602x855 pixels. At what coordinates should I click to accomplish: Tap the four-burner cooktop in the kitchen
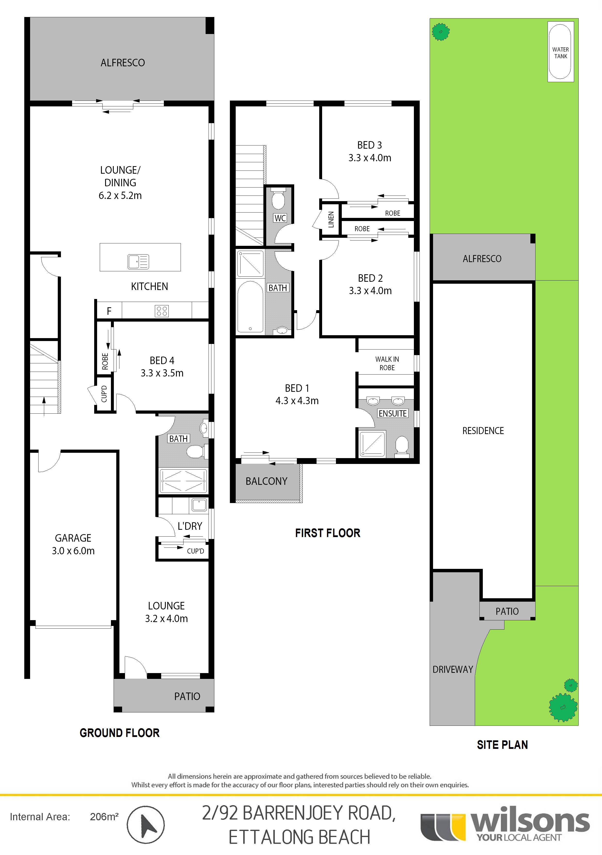[x=162, y=311]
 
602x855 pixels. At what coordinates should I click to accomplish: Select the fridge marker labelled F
[x=109, y=311]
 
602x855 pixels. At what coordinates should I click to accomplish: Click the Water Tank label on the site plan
[x=560, y=53]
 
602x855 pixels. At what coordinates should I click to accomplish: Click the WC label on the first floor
[x=280, y=218]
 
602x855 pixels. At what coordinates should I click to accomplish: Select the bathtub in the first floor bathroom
[x=250, y=307]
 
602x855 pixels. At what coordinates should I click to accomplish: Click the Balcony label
[x=266, y=481]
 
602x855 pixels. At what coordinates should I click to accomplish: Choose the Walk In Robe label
[x=387, y=363]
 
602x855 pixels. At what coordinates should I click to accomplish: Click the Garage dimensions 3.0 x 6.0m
[x=73, y=551]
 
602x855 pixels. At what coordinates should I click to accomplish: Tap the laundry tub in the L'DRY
[x=199, y=505]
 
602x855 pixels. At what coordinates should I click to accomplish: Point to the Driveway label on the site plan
[x=452, y=670]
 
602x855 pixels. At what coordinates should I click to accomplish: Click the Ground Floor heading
[x=119, y=733]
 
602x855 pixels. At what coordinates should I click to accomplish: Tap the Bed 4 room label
[x=162, y=360]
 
